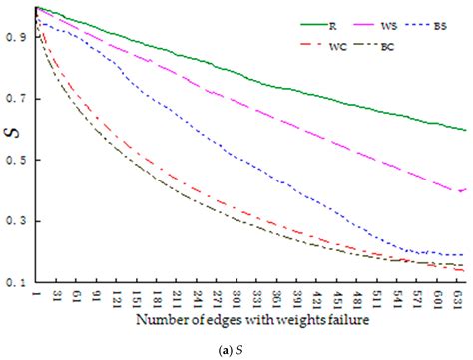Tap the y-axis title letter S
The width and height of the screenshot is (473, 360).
coord(8,152)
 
